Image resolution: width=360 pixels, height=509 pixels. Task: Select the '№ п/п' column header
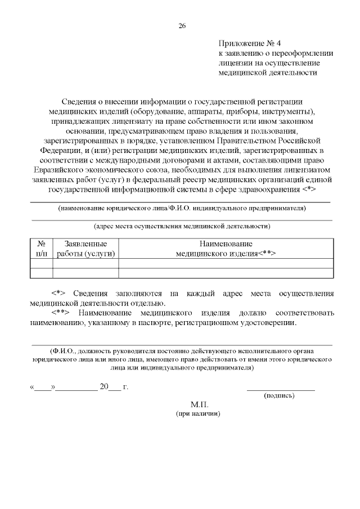pos(41,249)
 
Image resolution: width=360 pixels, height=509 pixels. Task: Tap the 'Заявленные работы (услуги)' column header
pos(85,249)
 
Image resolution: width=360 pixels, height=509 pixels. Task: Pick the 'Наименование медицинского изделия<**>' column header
pos(225,249)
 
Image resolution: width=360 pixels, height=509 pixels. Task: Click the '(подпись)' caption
pos(280,395)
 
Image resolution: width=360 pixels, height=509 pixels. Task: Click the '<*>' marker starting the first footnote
pos(58,294)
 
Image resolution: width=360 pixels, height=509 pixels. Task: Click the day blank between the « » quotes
pos(43,388)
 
